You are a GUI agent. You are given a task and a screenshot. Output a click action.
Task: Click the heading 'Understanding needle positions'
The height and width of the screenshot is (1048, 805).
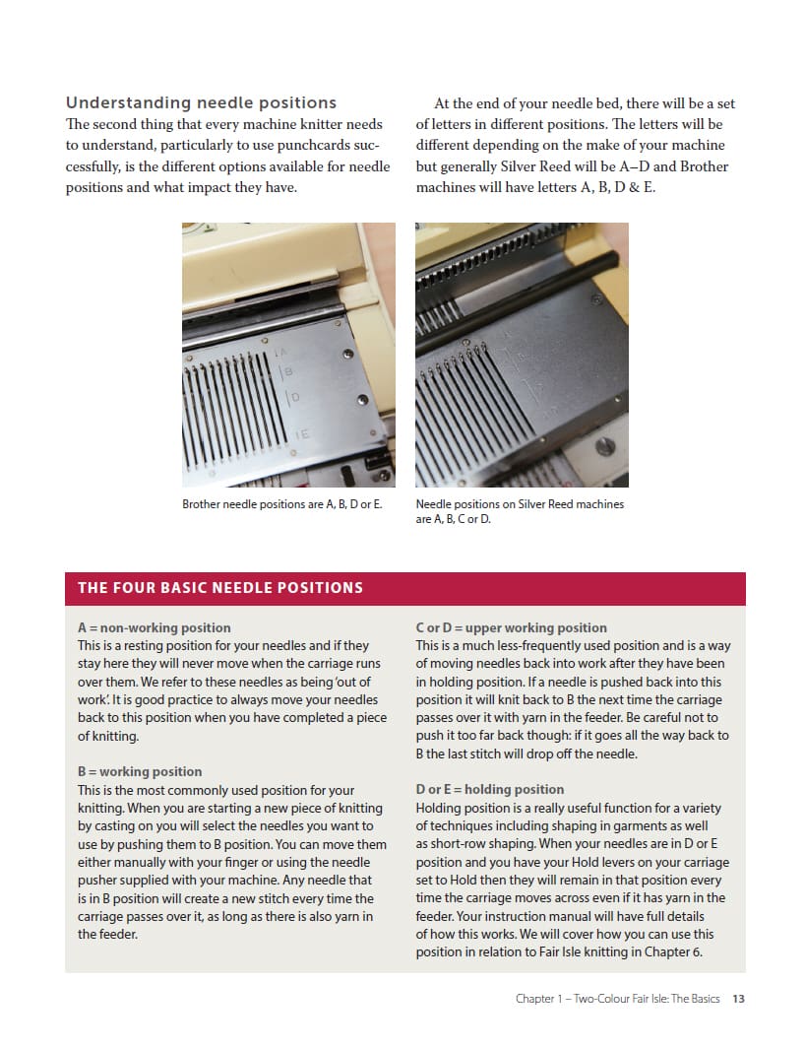click(201, 102)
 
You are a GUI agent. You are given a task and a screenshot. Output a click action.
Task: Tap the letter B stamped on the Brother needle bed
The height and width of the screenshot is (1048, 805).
click(288, 372)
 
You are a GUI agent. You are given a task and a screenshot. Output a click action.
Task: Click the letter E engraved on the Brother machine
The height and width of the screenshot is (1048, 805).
click(303, 433)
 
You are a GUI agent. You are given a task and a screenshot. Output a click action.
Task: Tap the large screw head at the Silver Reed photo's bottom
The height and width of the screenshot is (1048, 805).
click(606, 448)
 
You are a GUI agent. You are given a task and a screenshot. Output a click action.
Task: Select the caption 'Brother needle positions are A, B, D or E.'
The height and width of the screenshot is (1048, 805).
click(282, 504)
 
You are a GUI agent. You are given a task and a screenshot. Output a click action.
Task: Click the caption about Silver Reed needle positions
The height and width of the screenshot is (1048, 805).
click(520, 511)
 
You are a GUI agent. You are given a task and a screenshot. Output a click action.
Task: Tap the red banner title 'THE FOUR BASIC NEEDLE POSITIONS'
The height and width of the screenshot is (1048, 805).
click(220, 588)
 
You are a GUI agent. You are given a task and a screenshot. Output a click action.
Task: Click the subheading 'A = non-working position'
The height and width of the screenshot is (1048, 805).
click(155, 627)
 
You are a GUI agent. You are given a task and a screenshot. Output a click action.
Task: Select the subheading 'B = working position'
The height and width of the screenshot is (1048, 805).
click(140, 771)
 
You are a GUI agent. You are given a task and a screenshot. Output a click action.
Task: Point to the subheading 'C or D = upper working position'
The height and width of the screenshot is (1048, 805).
click(512, 627)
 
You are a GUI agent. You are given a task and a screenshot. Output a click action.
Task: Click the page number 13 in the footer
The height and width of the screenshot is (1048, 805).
click(738, 999)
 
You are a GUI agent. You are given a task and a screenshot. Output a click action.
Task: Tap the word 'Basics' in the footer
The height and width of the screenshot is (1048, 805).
click(704, 999)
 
